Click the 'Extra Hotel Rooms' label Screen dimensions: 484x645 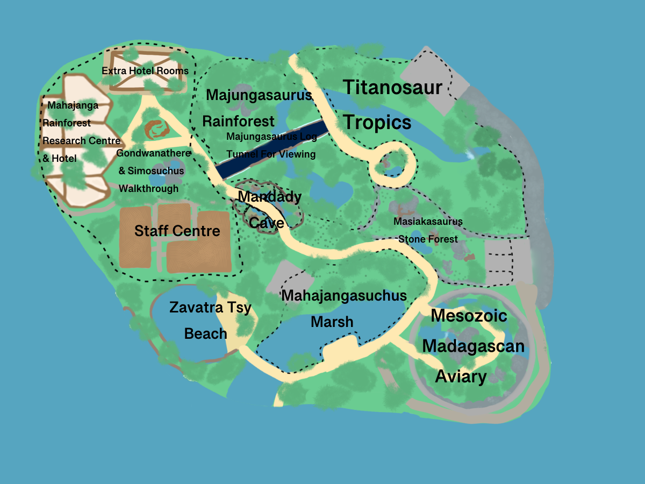click(x=145, y=71)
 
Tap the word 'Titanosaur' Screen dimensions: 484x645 click(x=392, y=87)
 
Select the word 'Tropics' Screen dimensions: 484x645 click(x=377, y=123)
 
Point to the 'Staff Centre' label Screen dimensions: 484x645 click(x=177, y=231)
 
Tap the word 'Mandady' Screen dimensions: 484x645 click(x=269, y=197)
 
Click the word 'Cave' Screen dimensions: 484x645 click(x=266, y=222)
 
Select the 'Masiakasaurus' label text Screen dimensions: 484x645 click(x=428, y=221)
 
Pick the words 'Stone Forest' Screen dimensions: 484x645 click(x=428, y=239)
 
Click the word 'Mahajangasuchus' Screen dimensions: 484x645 click(x=344, y=296)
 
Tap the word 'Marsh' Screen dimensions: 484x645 click(x=332, y=322)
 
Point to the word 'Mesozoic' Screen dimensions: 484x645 click(x=469, y=315)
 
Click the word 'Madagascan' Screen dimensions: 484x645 click(x=473, y=346)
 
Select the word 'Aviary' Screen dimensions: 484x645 click(x=461, y=376)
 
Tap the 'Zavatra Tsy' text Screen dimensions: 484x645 click(x=210, y=308)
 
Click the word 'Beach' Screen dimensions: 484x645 click(x=205, y=333)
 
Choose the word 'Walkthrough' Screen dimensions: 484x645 click(x=148, y=189)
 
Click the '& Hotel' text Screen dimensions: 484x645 click(x=60, y=158)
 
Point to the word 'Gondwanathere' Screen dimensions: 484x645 click(x=153, y=153)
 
